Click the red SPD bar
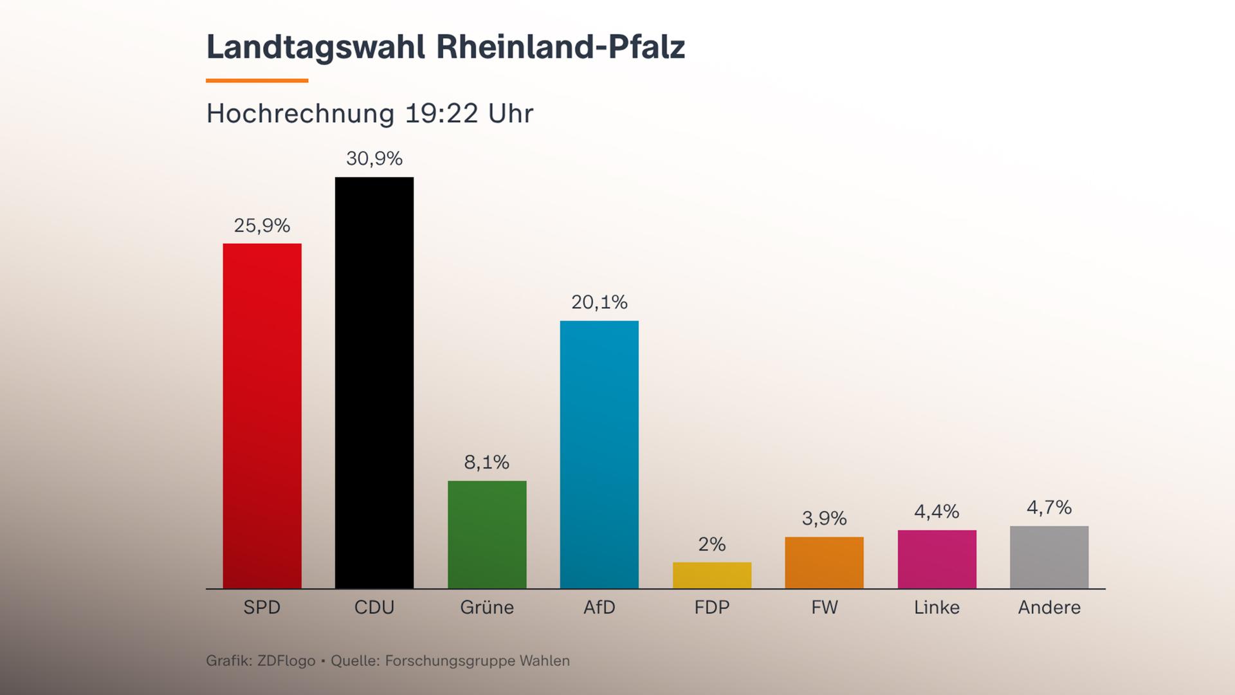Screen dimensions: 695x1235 pos(262,416)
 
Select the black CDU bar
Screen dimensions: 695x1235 pos(374,383)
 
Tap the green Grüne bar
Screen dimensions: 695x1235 pos(487,534)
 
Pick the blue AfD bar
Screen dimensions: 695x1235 pos(599,454)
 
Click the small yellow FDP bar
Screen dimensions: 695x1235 pos(712,575)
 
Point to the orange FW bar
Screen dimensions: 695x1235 pos(824,562)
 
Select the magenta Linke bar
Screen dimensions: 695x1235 pos(937,559)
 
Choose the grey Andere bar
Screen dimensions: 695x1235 pos(1049,557)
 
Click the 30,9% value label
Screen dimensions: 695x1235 pos(374,158)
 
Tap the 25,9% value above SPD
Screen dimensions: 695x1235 pos(262,225)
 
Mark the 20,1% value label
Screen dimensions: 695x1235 pos(599,302)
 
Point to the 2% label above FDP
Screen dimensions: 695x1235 pos(712,544)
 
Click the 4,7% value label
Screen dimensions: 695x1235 pos(1049,508)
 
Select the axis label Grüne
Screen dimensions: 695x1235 pos(487,607)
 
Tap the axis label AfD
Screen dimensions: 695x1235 pos(599,607)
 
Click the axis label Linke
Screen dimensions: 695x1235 pos(937,607)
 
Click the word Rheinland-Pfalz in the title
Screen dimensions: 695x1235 pos(560,48)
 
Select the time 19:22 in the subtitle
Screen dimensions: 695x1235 pos(441,114)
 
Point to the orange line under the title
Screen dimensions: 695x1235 pos(257,80)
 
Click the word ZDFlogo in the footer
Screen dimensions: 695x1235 pos(286,661)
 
